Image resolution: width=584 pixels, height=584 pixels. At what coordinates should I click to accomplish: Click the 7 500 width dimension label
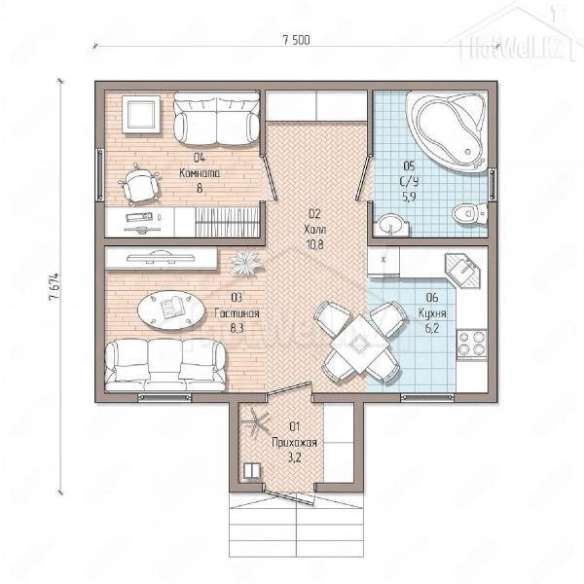pyautogui.click(x=296, y=40)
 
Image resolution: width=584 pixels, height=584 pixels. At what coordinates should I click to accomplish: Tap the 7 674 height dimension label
pyautogui.click(x=54, y=286)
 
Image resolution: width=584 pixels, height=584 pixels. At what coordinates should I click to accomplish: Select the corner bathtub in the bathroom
pyautogui.click(x=447, y=130)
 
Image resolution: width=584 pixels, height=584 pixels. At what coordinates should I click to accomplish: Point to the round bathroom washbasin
pyautogui.click(x=390, y=224)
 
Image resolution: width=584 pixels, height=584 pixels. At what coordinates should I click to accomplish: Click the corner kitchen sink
pyautogui.click(x=462, y=271)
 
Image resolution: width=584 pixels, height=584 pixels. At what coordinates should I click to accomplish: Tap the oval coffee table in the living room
pyautogui.click(x=171, y=310)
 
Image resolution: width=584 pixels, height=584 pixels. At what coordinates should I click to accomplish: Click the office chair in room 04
pyautogui.click(x=139, y=184)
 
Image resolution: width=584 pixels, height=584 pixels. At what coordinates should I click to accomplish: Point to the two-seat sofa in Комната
pyautogui.click(x=217, y=119)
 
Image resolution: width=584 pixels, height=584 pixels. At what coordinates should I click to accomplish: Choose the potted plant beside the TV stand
pyautogui.click(x=244, y=262)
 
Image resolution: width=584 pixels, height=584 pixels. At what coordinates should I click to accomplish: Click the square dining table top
pyautogui.click(x=358, y=344)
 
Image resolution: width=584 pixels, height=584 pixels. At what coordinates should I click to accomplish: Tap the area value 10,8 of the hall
pyautogui.click(x=314, y=244)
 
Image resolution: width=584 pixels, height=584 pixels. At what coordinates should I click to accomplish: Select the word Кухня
pyautogui.click(x=432, y=313)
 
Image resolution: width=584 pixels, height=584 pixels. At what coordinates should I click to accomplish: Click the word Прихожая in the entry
pyautogui.click(x=294, y=443)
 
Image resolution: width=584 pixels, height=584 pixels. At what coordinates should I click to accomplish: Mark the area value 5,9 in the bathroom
pyautogui.click(x=409, y=197)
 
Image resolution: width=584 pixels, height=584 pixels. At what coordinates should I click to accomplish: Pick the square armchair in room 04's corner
pyautogui.click(x=141, y=114)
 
